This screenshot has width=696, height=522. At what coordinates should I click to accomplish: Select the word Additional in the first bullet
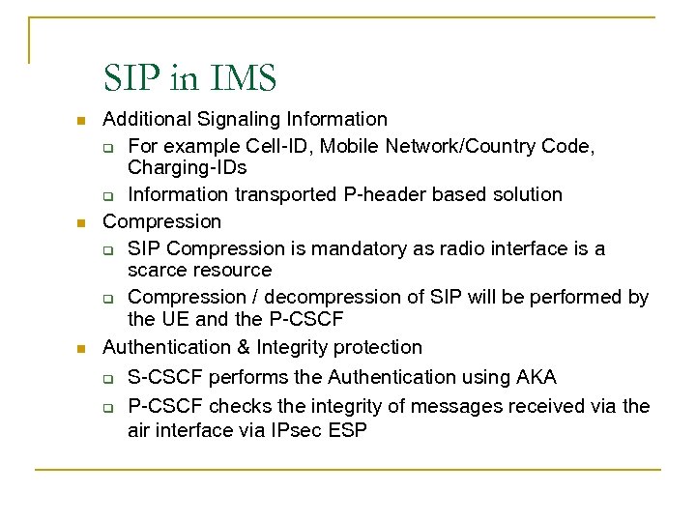146,119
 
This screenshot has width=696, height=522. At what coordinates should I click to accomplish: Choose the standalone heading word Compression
162,221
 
